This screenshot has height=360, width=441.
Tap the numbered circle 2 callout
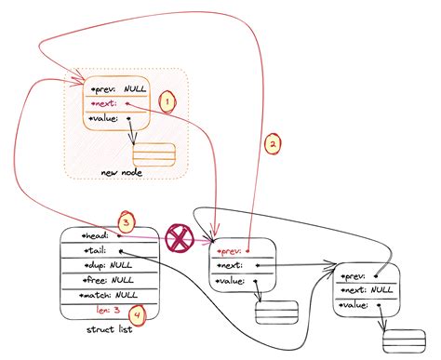click(x=273, y=144)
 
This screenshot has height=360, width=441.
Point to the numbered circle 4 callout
click(x=136, y=317)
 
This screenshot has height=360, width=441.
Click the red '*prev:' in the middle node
click(x=228, y=251)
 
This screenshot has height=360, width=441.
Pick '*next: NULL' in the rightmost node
click(x=369, y=290)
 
